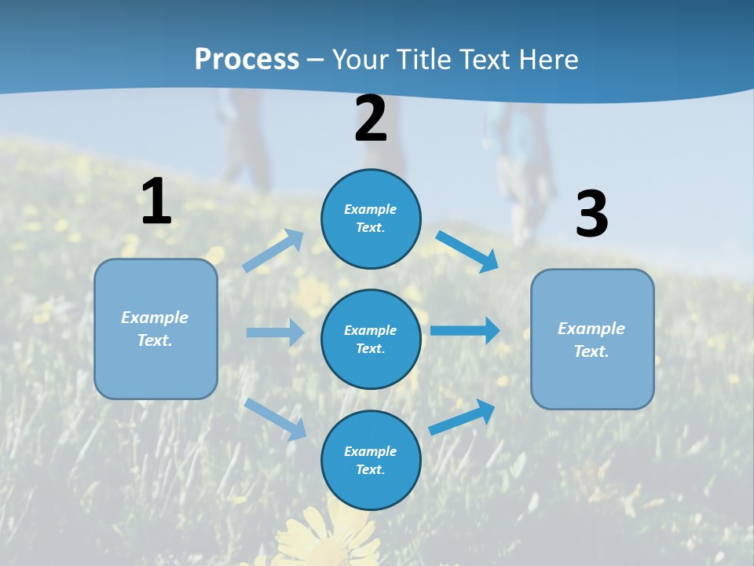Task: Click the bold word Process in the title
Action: pyautogui.click(x=247, y=59)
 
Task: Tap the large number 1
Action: pyautogui.click(x=156, y=201)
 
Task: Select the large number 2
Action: pyautogui.click(x=371, y=119)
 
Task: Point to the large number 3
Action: pyautogui.click(x=591, y=214)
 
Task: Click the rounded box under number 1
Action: pyautogui.click(x=156, y=329)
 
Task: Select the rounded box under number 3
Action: pyautogui.click(x=592, y=340)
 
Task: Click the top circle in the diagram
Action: pyautogui.click(x=371, y=219)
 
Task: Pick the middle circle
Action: pyautogui.click(x=371, y=339)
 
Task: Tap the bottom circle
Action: pyautogui.click(x=371, y=460)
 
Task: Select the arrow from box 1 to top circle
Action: pyautogui.click(x=273, y=251)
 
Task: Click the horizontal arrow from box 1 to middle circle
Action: pyautogui.click(x=275, y=333)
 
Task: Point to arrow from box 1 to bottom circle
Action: pyautogui.click(x=275, y=418)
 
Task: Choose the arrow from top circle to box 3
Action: pyautogui.click(x=467, y=252)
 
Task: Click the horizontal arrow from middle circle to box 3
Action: pyautogui.click(x=465, y=330)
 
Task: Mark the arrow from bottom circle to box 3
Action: pyautogui.click(x=462, y=417)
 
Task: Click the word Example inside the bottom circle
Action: pyautogui.click(x=370, y=451)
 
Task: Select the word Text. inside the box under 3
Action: pyautogui.click(x=591, y=351)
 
